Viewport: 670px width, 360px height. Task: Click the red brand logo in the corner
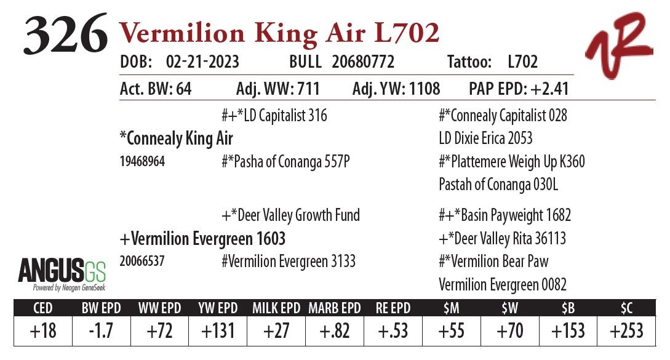(x=618, y=46)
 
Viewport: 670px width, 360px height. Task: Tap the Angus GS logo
(x=62, y=274)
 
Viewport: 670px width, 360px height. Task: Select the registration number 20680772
(x=363, y=62)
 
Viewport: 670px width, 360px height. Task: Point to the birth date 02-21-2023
(x=202, y=62)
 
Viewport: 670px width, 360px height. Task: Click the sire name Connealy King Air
(x=176, y=139)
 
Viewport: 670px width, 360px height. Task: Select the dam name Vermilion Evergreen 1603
(x=202, y=238)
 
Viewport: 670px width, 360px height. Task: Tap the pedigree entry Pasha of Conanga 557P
(x=285, y=162)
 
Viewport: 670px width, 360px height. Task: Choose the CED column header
(x=42, y=308)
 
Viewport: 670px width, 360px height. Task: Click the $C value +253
(x=626, y=331)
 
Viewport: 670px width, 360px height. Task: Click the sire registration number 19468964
(x=142, y=162)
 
